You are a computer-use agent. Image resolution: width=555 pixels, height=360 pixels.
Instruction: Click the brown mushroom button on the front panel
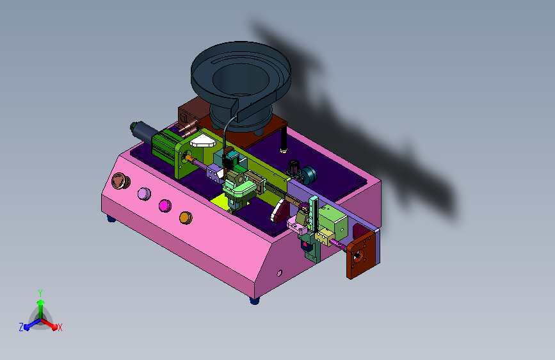point(120,181)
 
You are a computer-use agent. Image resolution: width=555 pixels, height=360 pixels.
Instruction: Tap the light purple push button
point(144,194)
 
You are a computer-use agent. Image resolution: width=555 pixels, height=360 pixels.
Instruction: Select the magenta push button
point(165,206)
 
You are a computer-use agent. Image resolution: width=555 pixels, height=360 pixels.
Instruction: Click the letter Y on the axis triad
point(40,293)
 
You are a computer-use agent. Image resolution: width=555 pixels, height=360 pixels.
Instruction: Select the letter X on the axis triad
point(60,328)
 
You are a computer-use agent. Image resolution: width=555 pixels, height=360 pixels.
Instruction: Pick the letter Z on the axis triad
point(21,327)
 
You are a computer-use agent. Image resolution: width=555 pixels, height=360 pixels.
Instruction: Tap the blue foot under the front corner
point(254,301)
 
